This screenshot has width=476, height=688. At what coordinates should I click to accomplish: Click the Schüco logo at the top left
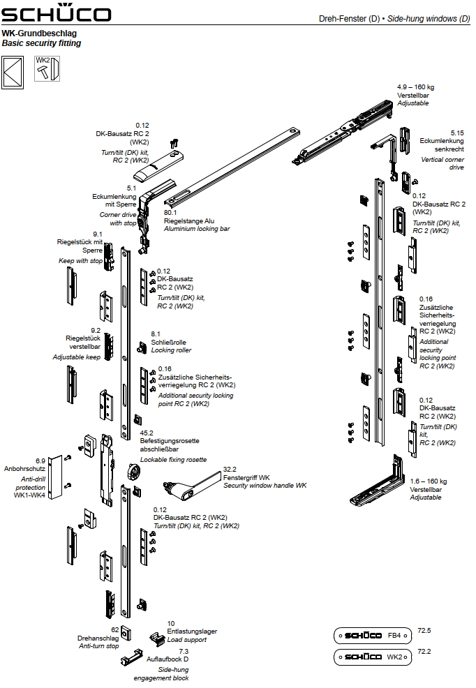(56, 14)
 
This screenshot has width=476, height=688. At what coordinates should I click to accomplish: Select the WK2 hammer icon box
(48, 70)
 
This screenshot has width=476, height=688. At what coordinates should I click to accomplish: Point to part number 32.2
(230, 470)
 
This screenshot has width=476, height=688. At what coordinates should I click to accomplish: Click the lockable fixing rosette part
(133, 472)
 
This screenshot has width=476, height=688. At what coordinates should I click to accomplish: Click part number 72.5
(424, 631)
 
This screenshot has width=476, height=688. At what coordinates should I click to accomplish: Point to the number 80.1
(171, 212)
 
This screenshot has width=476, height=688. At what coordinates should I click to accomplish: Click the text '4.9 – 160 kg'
(416, 87)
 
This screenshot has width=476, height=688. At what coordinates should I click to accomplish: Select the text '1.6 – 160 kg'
(429, 481)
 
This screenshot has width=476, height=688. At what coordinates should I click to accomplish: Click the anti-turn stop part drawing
(125, 632)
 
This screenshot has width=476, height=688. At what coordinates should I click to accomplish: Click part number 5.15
(457, 133)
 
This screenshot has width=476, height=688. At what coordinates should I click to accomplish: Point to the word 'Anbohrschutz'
(25, 469)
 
